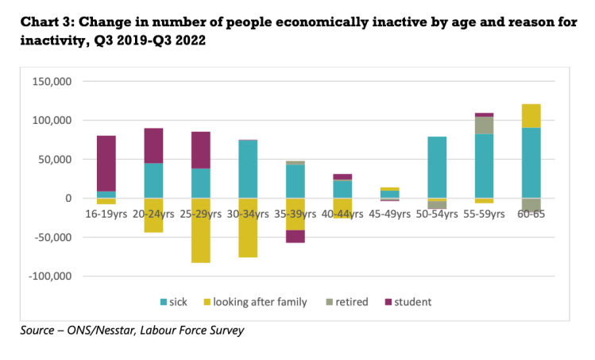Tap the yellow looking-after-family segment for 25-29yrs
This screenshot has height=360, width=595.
(201, 230)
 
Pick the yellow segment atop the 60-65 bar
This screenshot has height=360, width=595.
(531, 116)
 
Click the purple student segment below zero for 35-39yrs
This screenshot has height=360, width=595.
(295, 236)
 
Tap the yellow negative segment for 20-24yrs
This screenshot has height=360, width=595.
(153, 215)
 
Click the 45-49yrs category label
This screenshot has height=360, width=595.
(390, 214)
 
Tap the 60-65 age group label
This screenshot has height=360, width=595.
(531, 214)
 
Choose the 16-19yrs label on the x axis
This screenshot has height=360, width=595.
(106, 214)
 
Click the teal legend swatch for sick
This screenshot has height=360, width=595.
(164, 302)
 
